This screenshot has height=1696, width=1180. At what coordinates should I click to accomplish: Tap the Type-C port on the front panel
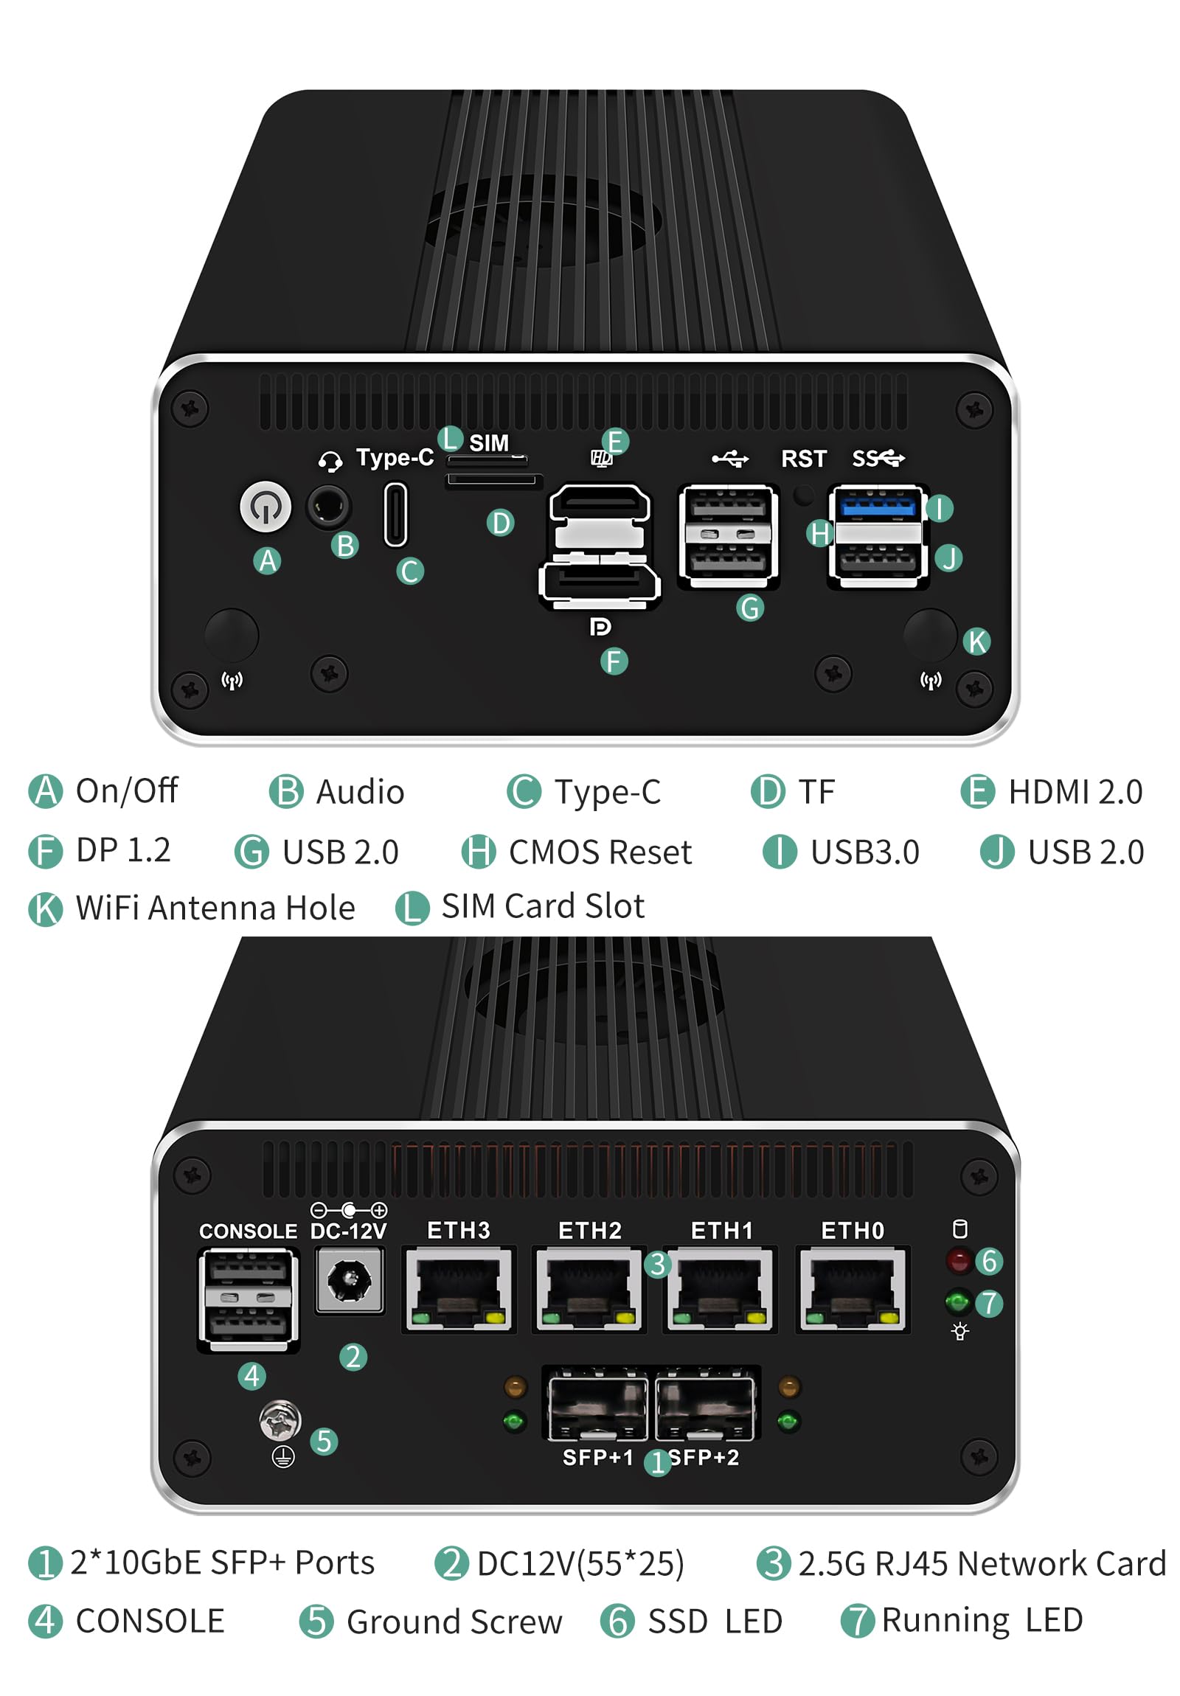(x=395, y=515)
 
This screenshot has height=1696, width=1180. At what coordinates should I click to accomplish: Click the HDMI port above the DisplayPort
(x=600, y=507)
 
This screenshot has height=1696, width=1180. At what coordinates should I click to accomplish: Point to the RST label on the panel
(x=803, y=459)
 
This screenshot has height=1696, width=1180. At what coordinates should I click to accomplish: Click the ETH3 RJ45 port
(x=458, y=1289)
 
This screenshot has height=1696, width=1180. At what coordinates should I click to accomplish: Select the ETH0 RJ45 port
(x=852, y=1289)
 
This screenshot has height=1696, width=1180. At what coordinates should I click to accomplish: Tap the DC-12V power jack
(x=349, y=1279)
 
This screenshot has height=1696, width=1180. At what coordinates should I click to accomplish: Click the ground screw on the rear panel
(x=280, y=1419)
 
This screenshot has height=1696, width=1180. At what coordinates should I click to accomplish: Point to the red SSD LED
(x=958, y=1260)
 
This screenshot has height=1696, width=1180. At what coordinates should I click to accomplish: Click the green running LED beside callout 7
(x=957, y=1301)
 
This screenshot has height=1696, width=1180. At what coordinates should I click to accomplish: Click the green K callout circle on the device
(x=976, y=642)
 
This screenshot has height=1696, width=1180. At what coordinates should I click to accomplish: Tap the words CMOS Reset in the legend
(x=600, y=852)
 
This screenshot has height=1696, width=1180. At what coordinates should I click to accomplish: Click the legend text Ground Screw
(x=454, y=1622)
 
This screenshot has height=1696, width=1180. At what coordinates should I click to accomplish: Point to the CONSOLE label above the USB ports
(x=248, y=1231)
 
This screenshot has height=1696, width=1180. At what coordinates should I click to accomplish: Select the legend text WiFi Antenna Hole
(x=215, y=908)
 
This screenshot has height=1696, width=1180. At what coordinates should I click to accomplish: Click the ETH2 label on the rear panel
(x=589, y=1231)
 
